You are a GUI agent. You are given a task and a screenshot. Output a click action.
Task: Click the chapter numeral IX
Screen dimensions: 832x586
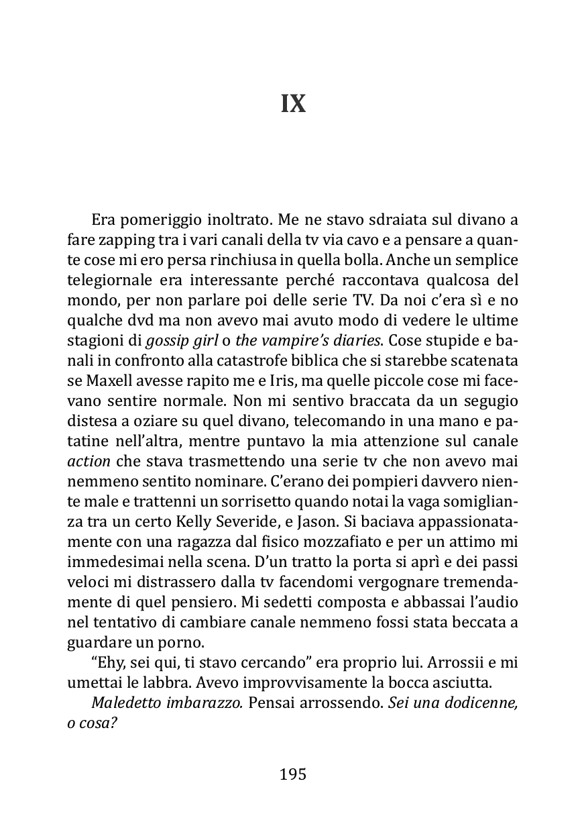click(x=293, y=104)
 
